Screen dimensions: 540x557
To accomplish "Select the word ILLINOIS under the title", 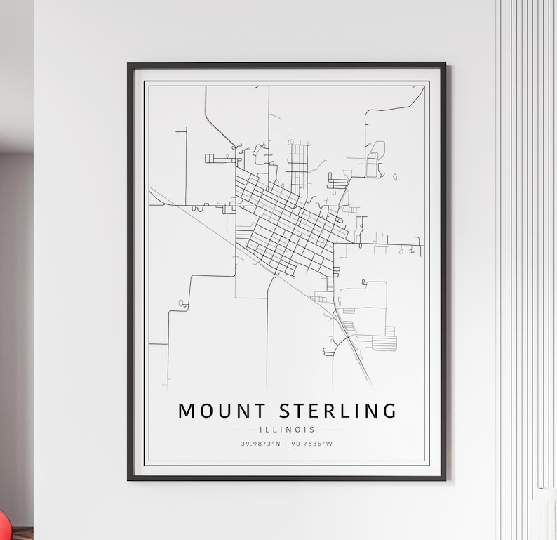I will click(287, 429).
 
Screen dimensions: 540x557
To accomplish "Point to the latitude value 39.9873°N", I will click(260, 444).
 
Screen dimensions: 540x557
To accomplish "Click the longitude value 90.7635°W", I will click(313, 444).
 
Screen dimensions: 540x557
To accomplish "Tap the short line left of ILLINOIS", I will click(241, 430).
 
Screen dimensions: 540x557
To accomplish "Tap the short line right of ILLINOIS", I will click(333, 430).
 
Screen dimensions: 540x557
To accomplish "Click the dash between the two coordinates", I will click(287, 444).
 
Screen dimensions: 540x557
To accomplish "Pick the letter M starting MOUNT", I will click(186, 411).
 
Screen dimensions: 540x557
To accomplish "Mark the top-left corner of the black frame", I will click(129, 65).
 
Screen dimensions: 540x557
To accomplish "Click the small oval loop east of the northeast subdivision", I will click(395, 177).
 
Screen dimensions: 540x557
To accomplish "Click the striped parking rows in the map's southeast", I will click(384, 343).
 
